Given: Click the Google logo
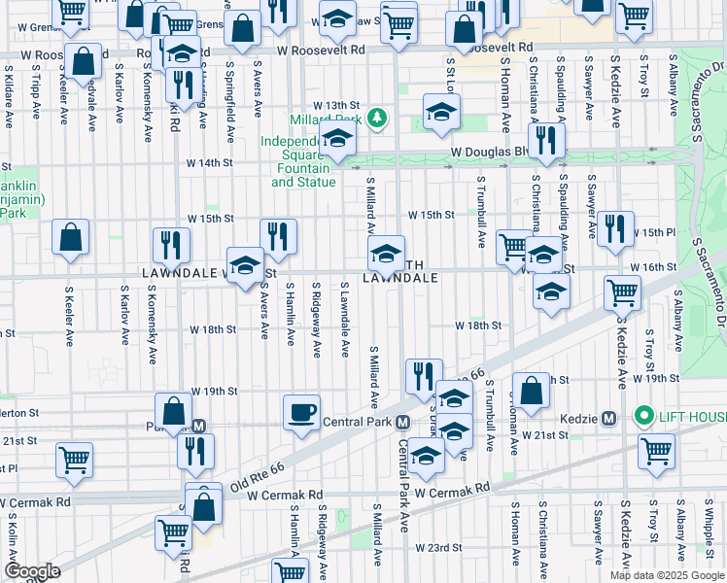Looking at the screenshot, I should tap(32, 571).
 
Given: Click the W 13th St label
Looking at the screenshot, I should tap(335, 105).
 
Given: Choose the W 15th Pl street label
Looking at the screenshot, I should tap(653, 233).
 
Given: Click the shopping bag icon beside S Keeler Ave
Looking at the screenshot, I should tap(71, 237).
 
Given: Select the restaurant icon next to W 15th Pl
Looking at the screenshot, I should tap(615, 228).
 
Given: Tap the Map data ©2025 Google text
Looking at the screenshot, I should tap(666, 575).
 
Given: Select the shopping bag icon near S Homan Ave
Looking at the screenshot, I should tap(532, 392).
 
